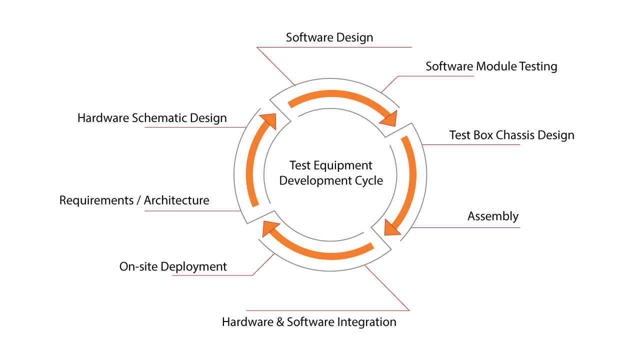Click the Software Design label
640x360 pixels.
tap(329, 37)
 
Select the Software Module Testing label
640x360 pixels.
tap(491, 66)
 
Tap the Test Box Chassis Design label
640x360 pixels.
tap(511, 135)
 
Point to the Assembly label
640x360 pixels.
tap(493, 216)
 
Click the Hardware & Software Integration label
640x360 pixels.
tap(309, 322)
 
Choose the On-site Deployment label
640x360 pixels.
tap(173, 267)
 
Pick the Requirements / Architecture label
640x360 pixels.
tap(134, 200)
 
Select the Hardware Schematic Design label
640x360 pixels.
tap(152, 118)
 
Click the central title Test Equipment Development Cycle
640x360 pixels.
tap(331, 173)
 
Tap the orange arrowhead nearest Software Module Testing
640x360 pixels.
tap(389, 119)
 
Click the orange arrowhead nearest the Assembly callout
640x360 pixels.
tap(391, 227)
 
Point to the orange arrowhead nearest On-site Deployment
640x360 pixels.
tap(270, 227)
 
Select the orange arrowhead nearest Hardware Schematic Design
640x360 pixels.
tap(268, 120)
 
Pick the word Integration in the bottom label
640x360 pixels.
tap(366, 322)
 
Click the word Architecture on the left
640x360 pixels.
tap(176, 200)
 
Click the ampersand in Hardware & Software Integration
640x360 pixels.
tap(280, 322)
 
